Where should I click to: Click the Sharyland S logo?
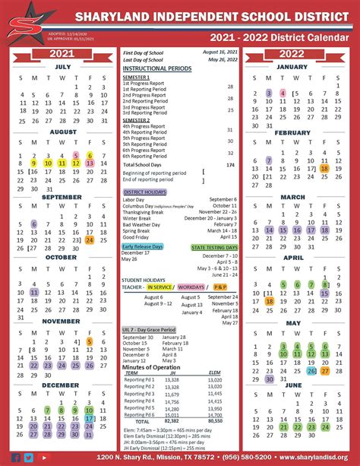pyautogui.click(x=22, y=22)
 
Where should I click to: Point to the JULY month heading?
pyautogui.click(x=63, y=66)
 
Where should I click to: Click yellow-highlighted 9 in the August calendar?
pyautogui.click(x=34, y=162)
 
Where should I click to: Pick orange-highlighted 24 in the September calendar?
pyautogui.click(x=90, y=240)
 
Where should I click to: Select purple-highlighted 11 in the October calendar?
pyautogui.click(x=34, y=292)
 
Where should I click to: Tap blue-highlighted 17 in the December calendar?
pyautogui.click(x=90, y=417)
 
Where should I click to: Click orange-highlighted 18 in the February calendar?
pyautogui.click(x=325, y=168)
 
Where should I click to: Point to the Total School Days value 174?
pyautogui.click(x=230, y=164)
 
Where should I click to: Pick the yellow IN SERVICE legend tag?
pyautogui.click(x=160, y=287)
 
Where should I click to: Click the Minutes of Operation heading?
pyautogui.click(x=151, y=367)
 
